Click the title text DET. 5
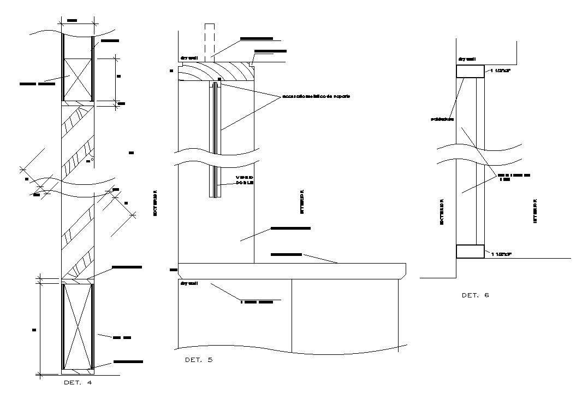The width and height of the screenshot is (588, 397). click(199, 360)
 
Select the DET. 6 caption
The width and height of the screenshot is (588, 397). click(475, 295)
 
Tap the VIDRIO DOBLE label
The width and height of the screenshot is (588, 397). click(244, 180)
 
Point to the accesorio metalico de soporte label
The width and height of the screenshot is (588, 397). click(316, 96)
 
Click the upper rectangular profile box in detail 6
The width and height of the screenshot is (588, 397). click(470, 71)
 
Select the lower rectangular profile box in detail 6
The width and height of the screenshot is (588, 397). click(470, 252)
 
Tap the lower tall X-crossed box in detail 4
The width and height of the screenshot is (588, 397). click(77, 326)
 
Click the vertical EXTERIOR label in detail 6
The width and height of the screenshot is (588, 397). click(441, 211)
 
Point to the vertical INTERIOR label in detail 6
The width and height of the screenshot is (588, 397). click(534, 211)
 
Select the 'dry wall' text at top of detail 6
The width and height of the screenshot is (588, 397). click(468, 59)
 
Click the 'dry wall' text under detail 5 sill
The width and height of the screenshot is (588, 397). click(189, 284)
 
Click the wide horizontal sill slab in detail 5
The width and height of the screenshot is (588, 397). click(292, 270)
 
